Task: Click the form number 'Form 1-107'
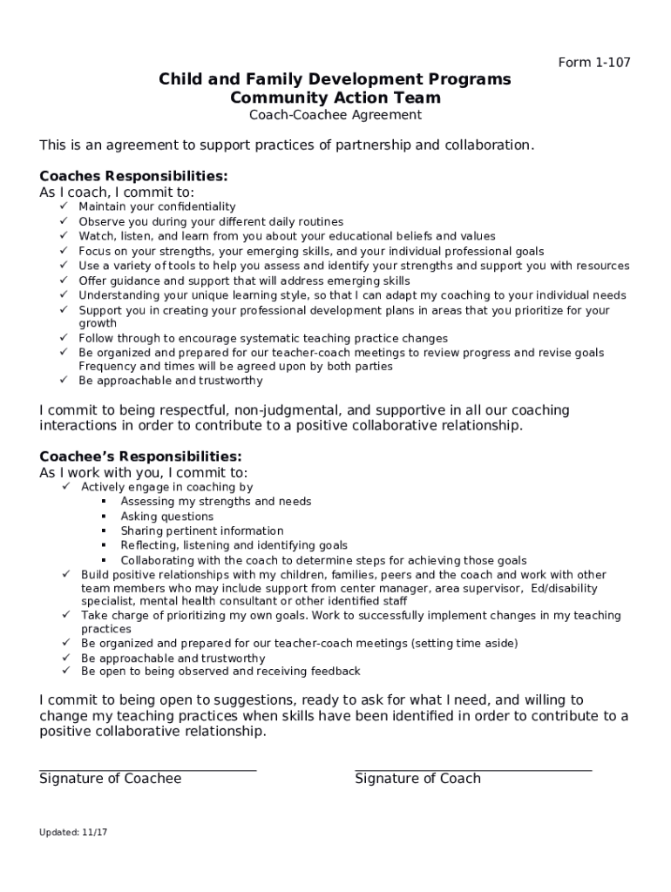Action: pyautogui.click(x=593, y=62)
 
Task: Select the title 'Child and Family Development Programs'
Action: pyautogui.click(x=335, y=80)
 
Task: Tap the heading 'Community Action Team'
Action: pyautogui.click(x=335, y=98)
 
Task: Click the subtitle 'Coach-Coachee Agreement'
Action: pyautogui.click(x=335, y=115)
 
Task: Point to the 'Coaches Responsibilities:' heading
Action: pyautogui.click(x=133, y=176)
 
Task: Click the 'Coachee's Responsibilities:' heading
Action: pyautogui.click(x=140, y=456)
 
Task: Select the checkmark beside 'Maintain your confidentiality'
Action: pyautogui.click(x=64, y=206)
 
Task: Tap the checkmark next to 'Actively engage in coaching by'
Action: pyautogui.click(x=65, y=487)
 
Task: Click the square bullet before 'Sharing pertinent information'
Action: pyautogui.click(x=103, y=530)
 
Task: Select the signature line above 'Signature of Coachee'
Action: pyautogui.click(x=147, y=770)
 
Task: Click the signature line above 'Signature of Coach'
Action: pyautogui.click(x=472, y=770)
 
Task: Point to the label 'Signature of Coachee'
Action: pyautogui.click(x=110, y=779)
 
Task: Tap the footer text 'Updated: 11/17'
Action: pyautogui.click(x=73, y=832)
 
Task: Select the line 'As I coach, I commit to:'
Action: pyautogui.click(x=117, y=192)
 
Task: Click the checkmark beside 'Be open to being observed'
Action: pyautogui.click(x=65, y=672)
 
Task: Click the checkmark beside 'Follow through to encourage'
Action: pyautogui.click(x=64, y=338)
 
